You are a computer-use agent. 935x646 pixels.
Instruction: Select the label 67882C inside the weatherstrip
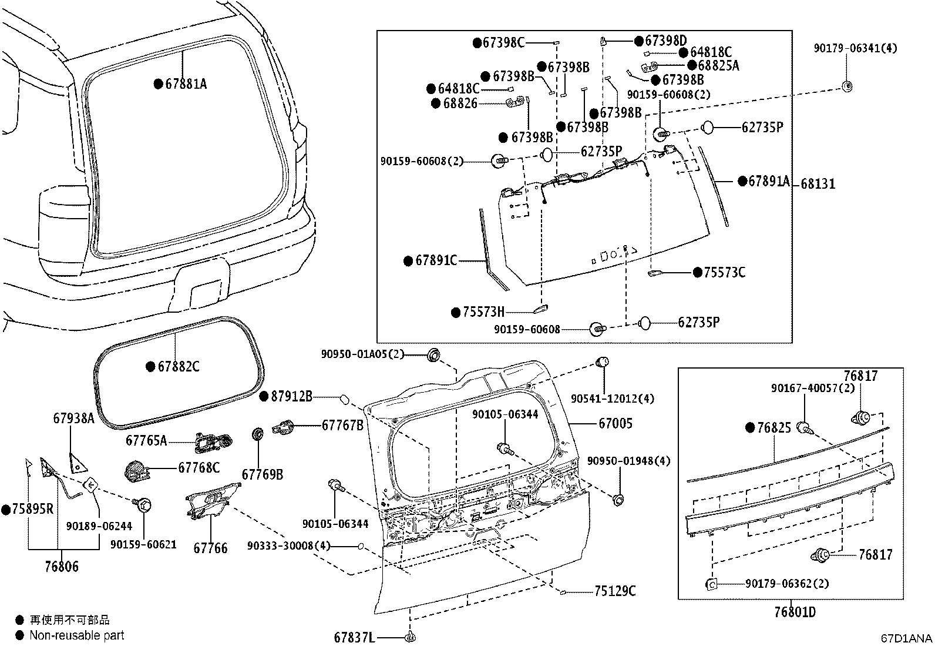coord(179,367)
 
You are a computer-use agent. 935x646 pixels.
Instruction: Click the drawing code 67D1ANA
coord(906,638)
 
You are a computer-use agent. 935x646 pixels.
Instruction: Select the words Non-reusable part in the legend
coord(77,635)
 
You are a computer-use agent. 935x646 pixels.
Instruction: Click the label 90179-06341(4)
coord(855,48)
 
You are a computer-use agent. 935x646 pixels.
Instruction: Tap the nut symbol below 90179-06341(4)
coord(846,86)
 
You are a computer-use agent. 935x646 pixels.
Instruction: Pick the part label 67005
coord(616,423)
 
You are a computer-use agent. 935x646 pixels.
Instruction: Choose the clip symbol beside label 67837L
coord(411,637)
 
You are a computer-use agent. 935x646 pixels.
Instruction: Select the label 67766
coord(210,548)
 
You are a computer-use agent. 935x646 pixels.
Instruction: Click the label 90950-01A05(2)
coord(362,354)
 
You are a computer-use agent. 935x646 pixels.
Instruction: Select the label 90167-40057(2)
coord(813,389)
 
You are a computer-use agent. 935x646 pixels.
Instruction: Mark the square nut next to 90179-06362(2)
coord(711,584)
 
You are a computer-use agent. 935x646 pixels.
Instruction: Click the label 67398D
coord(665,41)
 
